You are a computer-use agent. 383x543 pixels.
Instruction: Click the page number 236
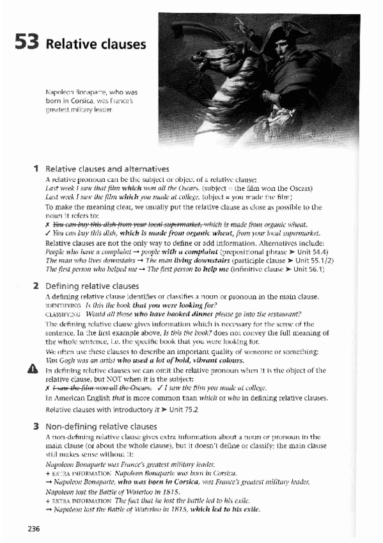click(35, 528)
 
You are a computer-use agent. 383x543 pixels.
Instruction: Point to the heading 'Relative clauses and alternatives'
click(107, 169)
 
